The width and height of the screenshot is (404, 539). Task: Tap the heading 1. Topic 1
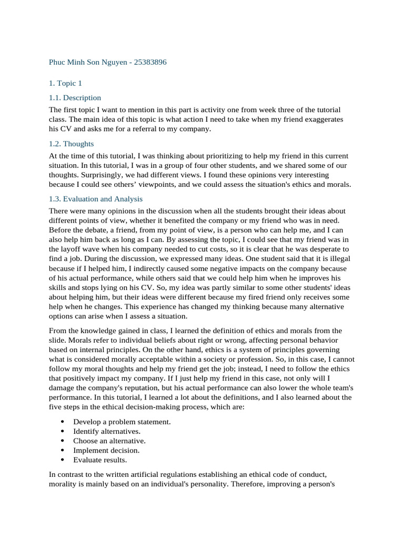click(65, 83)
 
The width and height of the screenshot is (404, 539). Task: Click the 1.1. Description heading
click(75, 98)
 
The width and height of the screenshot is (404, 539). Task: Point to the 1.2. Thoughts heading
click(71, 143)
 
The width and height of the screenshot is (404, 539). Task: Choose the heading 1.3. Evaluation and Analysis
click(96, 199)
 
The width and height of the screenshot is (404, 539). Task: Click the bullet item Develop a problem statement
click(122, 422)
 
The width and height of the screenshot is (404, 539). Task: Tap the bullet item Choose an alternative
click(109, 441)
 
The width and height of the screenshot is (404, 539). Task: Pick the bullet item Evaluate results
click(100, 460)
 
